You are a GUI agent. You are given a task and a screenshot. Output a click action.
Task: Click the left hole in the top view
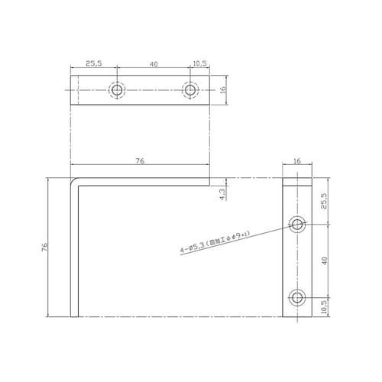click(x=117, y=90)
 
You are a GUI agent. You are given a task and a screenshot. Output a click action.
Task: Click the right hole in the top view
click(x=190, y=90)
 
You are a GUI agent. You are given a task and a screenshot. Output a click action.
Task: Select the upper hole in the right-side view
click(x=297, y=224)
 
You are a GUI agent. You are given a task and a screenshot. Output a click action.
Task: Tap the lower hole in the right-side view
click(x=297, y=296)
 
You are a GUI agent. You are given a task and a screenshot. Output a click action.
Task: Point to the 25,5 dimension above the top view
click(x=93, y=65)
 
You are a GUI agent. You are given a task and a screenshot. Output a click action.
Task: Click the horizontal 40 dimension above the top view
click(x=154, y=65)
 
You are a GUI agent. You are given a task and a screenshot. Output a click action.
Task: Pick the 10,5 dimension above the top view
click(x=200, y=65)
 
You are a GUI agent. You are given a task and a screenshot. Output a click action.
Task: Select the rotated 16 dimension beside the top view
click(x=222, y=90)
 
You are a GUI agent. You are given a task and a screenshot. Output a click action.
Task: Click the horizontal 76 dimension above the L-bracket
click(x=140, y=160)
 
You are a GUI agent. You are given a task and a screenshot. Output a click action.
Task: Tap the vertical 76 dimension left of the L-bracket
click(x=45, y=247)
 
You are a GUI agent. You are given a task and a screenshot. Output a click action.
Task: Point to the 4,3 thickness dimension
click(x=222, y=194)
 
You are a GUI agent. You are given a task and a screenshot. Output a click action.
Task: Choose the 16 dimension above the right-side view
click(x=297, y=161)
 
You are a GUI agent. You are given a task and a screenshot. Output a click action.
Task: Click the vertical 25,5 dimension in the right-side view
click(x=324, y=201)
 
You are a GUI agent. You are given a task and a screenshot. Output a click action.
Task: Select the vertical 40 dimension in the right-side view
click(x=324, y=260)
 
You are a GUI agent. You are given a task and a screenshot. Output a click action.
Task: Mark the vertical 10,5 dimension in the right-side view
click(x=324, y=306)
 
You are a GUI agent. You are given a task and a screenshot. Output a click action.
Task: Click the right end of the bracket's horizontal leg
click(x=208, y=182)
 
